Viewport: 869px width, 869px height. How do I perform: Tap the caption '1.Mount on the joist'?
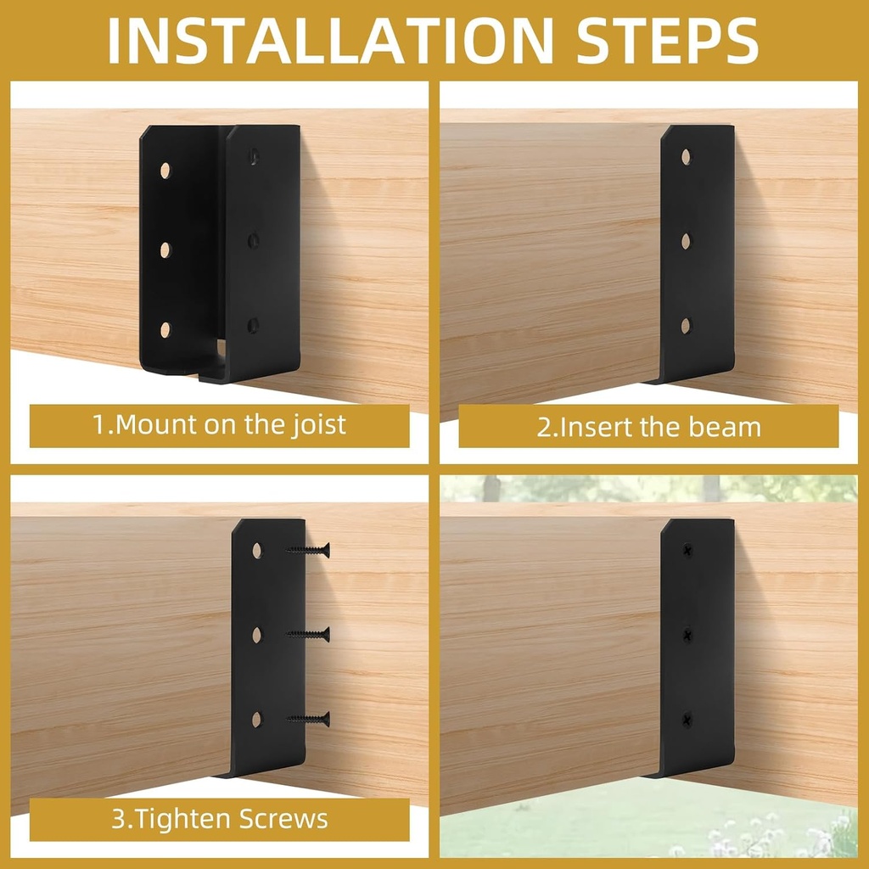click(219, 424)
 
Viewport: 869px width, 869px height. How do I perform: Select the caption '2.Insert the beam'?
click(648, 426)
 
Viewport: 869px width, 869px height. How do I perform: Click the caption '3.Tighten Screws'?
click(219, 819)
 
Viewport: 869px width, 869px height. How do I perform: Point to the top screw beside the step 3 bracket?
click(309, 550)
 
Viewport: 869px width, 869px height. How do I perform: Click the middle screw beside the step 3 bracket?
click(309, 633)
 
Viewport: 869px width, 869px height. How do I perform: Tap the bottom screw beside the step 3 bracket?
click(309, 719)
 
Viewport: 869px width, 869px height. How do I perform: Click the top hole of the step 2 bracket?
click(686, 157)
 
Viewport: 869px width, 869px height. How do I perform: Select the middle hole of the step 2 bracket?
click(686, 241)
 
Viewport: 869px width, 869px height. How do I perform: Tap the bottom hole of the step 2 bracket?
click(686, 325)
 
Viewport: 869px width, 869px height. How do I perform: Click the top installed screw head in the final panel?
click(687, 550)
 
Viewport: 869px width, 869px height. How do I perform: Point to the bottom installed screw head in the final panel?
click(687, 720)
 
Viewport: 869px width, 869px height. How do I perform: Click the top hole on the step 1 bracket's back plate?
click(165, 170)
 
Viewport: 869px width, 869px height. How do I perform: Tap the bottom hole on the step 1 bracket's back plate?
click(165, 330)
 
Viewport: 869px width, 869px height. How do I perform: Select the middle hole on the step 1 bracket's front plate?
click(253, 241)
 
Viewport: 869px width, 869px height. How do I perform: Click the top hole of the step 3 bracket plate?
click(257, 550)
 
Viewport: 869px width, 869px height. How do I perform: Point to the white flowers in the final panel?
click(764, 836)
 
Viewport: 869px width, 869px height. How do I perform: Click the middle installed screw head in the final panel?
click(687, 634)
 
